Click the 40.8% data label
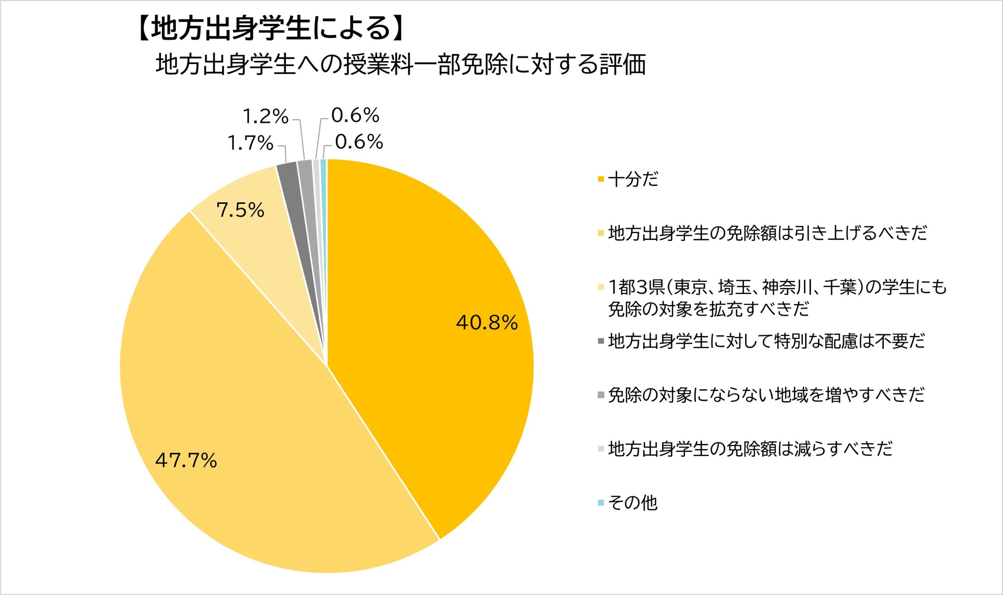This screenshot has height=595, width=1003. tap(487, 323)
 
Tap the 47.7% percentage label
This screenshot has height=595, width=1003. tap(186, 460)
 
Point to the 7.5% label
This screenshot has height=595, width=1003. tap(240, 210)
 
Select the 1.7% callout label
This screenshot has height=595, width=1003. tap(250, 143)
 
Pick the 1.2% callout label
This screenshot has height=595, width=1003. tap(266, 117)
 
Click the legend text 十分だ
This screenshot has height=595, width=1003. tap(633, 179)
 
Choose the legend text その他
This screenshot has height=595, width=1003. tap(633, 503)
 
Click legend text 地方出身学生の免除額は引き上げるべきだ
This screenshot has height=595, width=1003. tap(768, 233)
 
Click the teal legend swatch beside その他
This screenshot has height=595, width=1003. tap(600, 503)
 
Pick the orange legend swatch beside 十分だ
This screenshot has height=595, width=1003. tap(600, 179)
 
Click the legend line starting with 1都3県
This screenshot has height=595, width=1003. tap(777, 287)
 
